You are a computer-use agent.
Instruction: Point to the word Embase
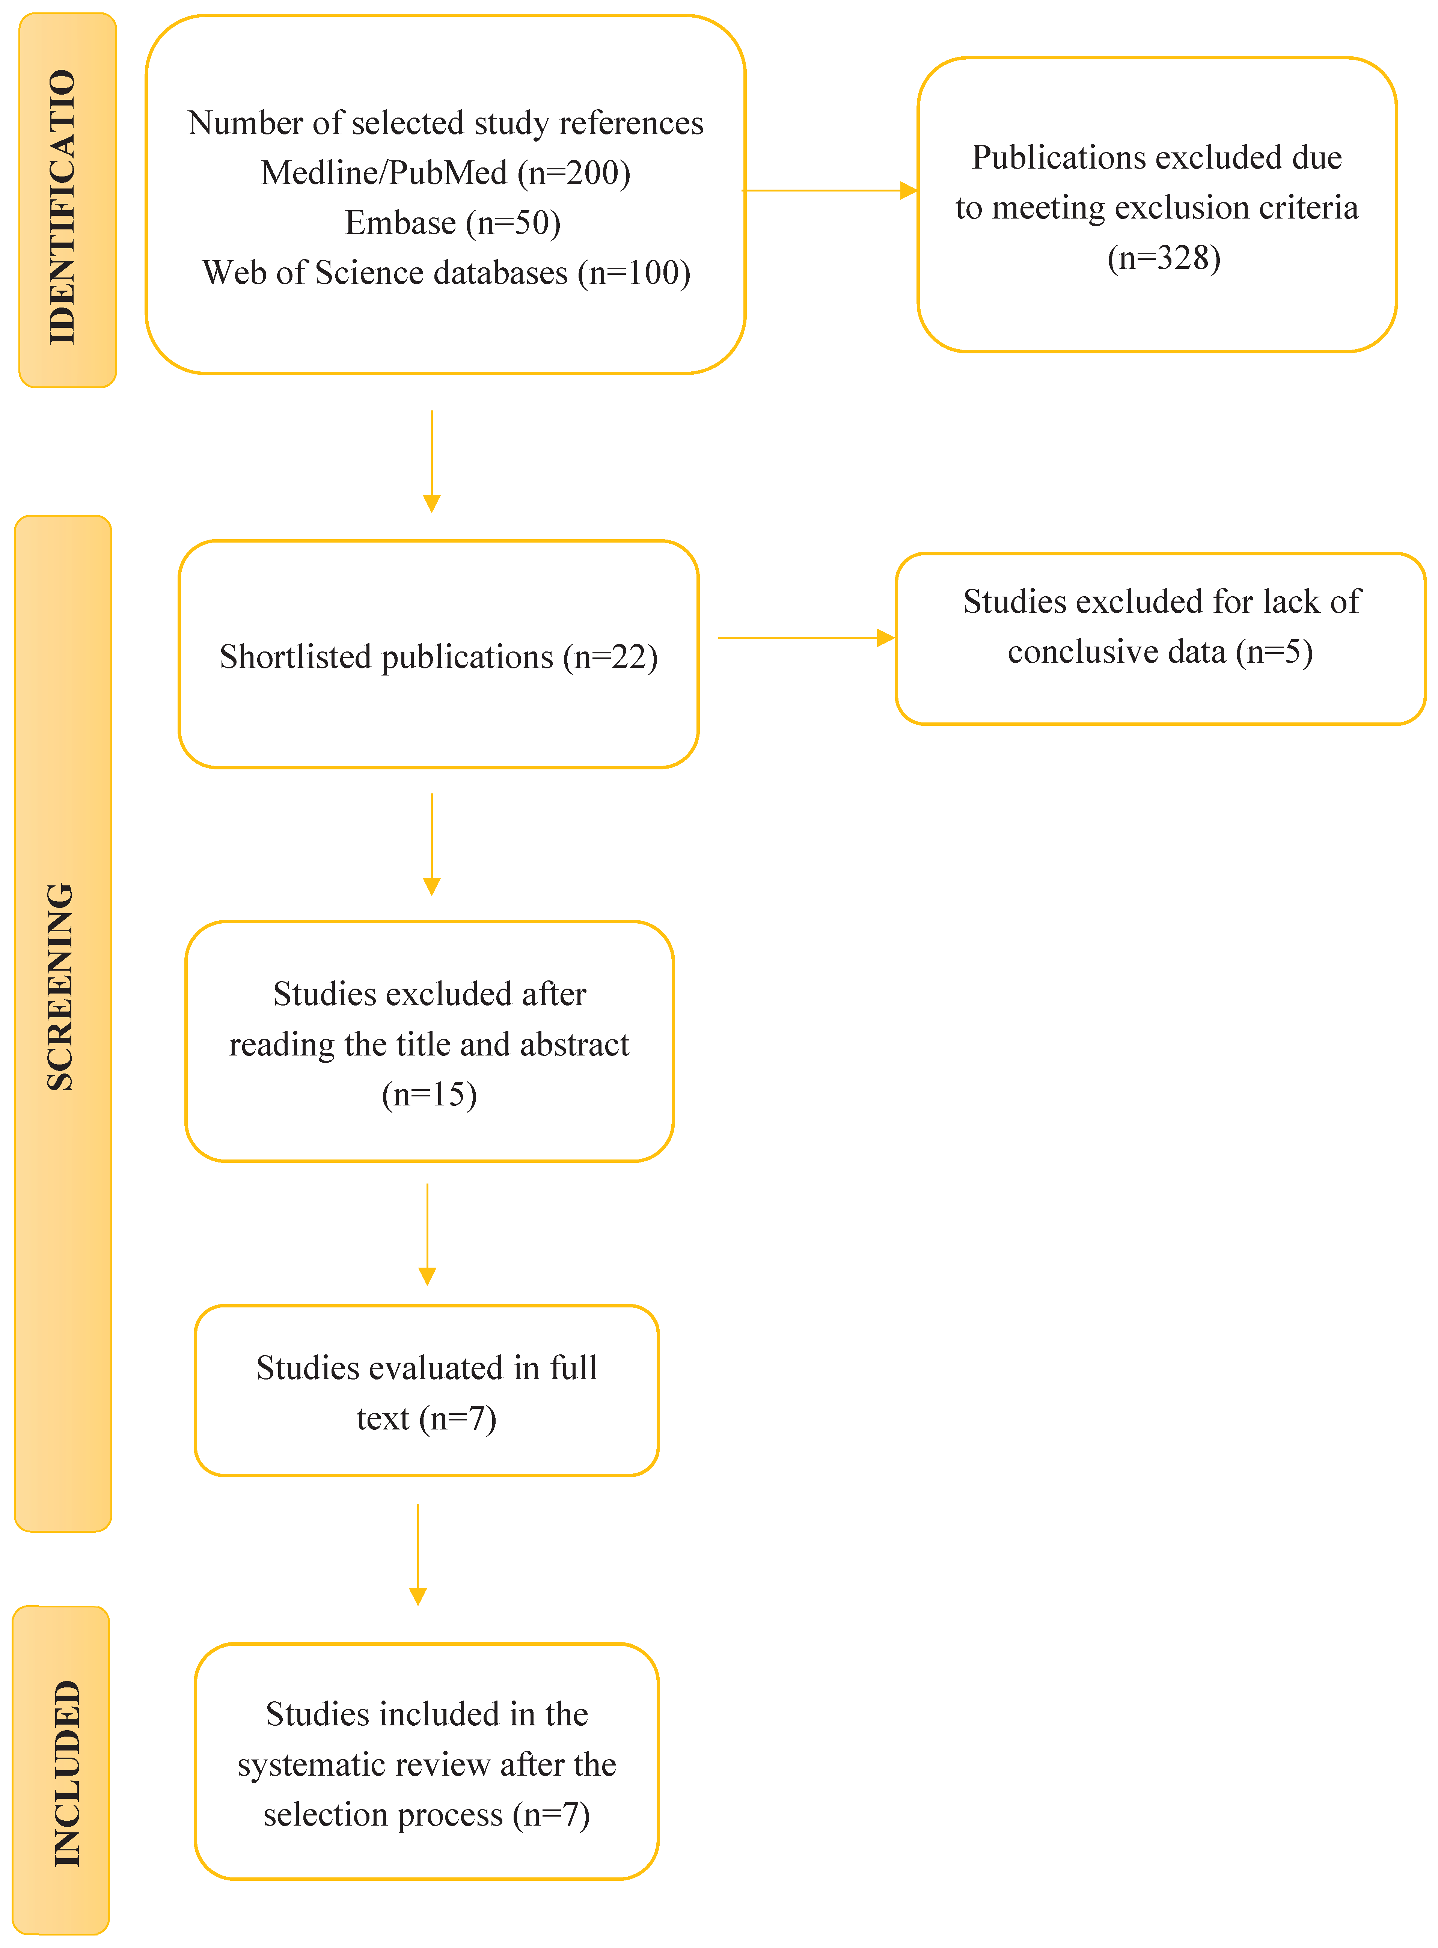click(x=400, y=223)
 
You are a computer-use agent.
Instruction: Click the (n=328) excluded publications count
click(x=1164, y=258)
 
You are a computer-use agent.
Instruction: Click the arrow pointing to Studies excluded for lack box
click(x=806, y=638)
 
